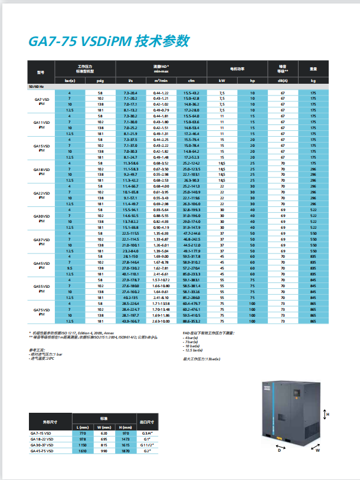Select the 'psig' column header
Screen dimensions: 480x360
tap(100, 80)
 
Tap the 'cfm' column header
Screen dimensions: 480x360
tap(191, 80)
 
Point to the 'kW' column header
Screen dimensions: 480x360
tap(222, 80)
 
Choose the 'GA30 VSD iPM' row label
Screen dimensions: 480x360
tap(41, 218)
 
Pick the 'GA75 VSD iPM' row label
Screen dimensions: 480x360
tap(41, 312)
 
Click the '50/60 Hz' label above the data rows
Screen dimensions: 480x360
tap(37, 87)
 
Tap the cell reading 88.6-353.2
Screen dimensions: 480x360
tap(191, 321)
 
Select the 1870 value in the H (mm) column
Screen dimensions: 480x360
tap(124, 451)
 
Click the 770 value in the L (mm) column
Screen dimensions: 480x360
tap(82, 433)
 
